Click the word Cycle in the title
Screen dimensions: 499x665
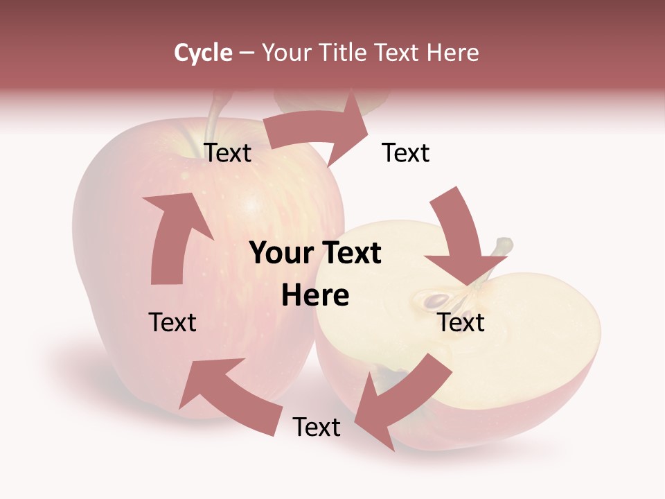point(203,53)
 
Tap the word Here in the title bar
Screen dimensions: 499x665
point(452,53)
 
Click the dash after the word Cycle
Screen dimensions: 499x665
point(247,53)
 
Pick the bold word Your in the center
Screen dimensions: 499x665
point(280,254)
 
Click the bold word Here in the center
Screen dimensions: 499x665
point(315,296)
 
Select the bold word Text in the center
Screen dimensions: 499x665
point(351,254)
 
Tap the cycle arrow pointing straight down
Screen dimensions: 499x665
point(461,239)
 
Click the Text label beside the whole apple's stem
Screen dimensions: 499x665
point(228,153)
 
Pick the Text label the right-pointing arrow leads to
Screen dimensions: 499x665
point(406,153)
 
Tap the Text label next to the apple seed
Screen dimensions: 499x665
point(461,322)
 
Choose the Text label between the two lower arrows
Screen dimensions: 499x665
point(317,427)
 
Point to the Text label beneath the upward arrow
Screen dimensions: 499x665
point(172,322)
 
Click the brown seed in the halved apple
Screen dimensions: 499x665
point(437,300)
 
